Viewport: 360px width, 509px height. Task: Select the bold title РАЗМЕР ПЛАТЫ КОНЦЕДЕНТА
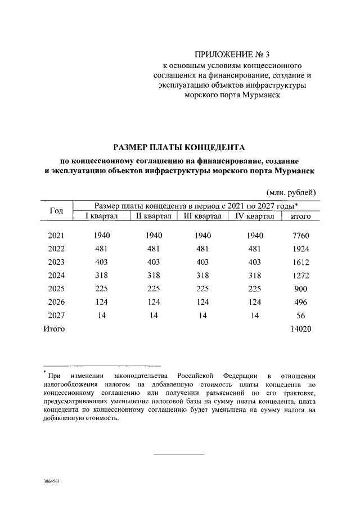tap(179, 147)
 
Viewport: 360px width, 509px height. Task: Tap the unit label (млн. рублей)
tap(291, 191)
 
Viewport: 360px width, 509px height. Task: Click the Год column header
tap(56, 210)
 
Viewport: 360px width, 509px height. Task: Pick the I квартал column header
tap(101, 216)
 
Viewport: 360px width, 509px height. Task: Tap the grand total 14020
tap(299, 329)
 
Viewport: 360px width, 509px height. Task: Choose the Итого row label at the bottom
tap(54, 329)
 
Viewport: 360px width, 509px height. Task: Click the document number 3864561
tap(52, 482)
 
